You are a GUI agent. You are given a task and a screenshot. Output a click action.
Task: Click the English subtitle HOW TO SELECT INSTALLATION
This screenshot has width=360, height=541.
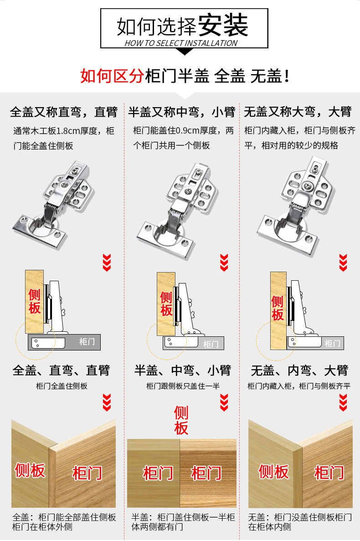(x=181, y=43)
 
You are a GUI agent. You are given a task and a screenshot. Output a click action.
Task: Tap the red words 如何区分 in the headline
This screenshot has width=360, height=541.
(x=112, y=76)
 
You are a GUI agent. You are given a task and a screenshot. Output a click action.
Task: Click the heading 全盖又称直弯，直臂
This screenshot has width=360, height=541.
(x=64, y=112)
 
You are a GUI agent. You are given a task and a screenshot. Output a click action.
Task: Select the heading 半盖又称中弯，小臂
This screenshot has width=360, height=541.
(x=182, y=112)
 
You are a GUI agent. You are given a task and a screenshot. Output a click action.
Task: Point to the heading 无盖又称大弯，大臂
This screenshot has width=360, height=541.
(x=298, y=112)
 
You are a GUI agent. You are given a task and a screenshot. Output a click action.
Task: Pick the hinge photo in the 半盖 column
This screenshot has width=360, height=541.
(x=178, y=211)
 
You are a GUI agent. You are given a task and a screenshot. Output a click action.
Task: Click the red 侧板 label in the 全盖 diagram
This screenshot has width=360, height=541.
(x=35, y=301)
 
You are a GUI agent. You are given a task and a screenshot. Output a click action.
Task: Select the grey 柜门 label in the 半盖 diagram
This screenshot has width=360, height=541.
(x=211, y=344)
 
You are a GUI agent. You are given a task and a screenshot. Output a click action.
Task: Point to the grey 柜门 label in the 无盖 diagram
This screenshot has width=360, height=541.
(x=332, y=343)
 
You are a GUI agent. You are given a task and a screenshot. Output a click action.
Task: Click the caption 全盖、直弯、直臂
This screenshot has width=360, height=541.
(x=62, y=370)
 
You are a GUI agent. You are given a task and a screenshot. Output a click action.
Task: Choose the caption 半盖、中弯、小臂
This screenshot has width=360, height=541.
(x=183, y=370)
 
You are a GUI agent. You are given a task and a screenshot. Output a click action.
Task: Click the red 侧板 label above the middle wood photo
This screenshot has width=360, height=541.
(x=181, y=420)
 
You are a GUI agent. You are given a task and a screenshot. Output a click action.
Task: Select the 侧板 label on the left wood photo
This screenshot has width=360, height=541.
(x=30, y=471)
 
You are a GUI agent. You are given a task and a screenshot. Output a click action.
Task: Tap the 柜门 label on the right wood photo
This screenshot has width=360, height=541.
(x=329, y=473)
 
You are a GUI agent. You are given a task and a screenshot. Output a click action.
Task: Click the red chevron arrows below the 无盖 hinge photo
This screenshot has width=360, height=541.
(x=343, y=263)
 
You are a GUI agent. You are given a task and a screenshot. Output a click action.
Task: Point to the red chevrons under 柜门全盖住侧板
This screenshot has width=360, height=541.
(x=107, y=402)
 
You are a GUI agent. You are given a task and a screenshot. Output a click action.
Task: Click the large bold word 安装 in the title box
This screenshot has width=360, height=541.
(x=223, y=25)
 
